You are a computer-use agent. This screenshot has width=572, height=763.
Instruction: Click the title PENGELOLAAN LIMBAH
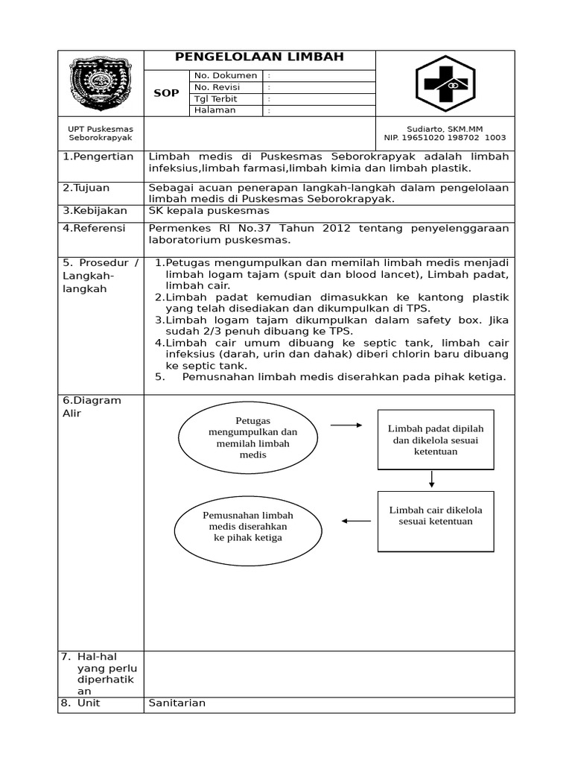[259, 58]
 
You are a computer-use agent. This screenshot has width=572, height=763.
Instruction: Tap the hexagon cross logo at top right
[445, 83]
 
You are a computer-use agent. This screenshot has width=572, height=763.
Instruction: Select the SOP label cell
[166, 93]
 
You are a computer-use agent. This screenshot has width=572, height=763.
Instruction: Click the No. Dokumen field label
[226, 75]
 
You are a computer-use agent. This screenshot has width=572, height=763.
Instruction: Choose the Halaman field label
[215, 110]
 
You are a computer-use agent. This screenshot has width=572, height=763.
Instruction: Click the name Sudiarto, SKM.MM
[445, 128]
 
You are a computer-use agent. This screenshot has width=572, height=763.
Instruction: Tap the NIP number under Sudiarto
[445, 138]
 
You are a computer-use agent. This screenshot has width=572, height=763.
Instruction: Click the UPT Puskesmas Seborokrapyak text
[101, 133]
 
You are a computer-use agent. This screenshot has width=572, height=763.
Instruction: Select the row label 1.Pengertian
[98, 156]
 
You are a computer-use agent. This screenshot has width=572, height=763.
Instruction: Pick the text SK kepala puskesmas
[209, 211]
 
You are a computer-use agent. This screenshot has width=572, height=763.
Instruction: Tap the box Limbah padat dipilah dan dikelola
[436, 440]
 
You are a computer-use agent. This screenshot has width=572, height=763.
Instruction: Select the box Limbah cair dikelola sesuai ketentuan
[436, 521]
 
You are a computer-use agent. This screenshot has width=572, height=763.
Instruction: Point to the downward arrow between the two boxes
[432, 480]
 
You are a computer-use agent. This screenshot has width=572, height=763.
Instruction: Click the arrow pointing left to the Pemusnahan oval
[356, 521]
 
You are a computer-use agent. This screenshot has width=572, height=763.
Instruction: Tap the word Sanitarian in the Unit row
[177, 703]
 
